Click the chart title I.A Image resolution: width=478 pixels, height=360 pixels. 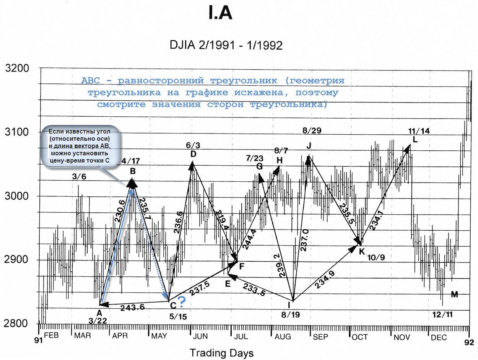220,14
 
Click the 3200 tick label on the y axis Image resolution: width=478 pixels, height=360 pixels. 17,69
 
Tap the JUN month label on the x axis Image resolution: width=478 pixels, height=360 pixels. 200,337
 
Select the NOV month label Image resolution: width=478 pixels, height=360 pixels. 402,337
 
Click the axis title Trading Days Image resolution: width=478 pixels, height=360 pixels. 221,353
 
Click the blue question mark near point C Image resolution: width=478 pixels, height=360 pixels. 182,303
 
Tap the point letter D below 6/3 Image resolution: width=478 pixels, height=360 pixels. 193,154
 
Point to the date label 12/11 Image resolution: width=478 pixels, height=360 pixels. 443,314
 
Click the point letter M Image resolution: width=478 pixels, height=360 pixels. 454,294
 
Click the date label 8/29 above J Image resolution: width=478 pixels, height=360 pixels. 312,130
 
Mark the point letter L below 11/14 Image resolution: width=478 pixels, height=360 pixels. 415,139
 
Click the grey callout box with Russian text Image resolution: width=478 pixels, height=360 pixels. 80,147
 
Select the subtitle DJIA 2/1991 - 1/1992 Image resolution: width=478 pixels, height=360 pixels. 226,46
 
